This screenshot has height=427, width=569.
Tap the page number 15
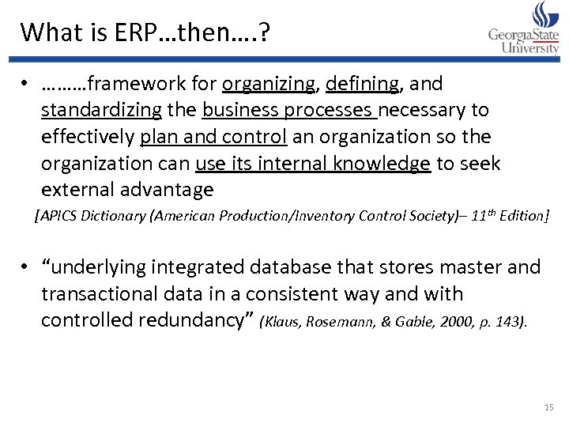[549, 407]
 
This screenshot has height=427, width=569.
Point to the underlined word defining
[362, 83]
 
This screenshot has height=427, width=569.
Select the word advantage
[166, 190]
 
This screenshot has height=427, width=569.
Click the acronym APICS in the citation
[58, 215]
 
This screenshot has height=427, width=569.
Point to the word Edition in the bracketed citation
[520, 215]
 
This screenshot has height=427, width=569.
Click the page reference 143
[512, 322]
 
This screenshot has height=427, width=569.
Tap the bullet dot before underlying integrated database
[26, 268]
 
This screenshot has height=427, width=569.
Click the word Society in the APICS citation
[422, 215]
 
